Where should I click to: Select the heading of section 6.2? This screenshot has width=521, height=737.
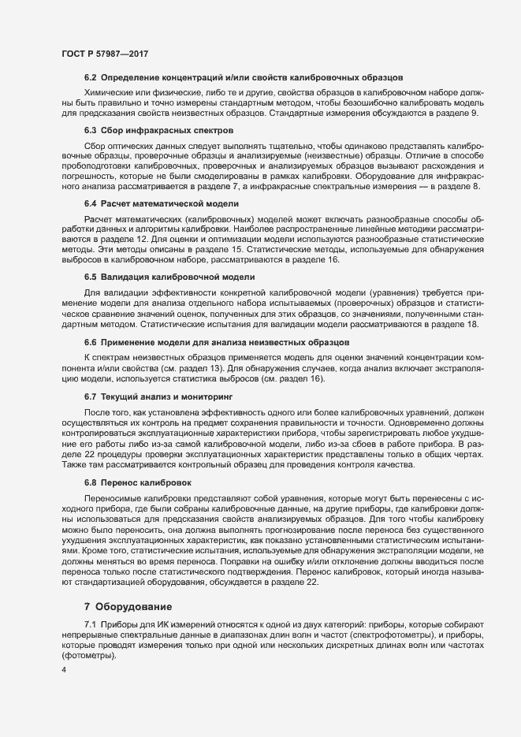click(x=244, y=77)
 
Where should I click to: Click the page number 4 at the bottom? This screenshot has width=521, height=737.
click(x=64, y=670)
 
